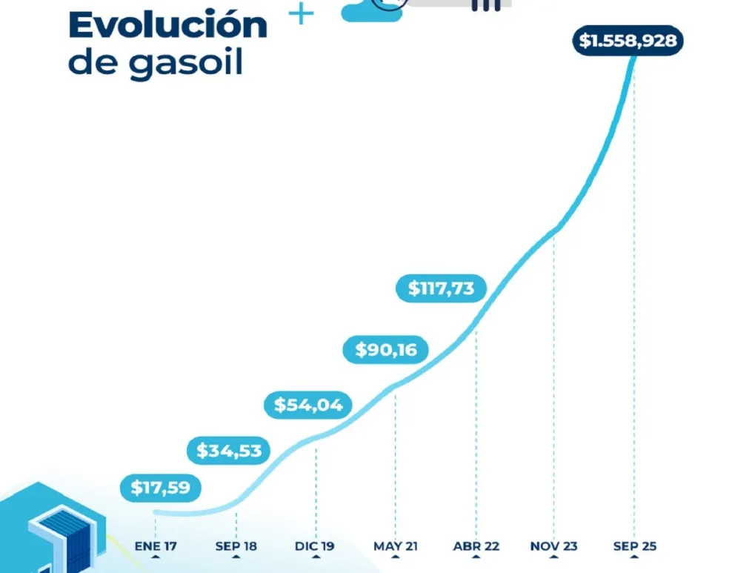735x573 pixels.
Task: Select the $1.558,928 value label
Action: (x=628, y=41)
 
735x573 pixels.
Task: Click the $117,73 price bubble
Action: (x=441, y=288)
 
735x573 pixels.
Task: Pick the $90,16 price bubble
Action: (x=385, y=349)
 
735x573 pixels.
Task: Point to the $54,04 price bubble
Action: (x=308, y=405)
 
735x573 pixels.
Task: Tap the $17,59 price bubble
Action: (x=160, y=488)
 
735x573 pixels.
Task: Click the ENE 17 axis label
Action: (x=156, y=546)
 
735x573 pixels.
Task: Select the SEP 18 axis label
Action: (x=236, y=546)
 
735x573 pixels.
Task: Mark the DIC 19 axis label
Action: (x=316, y=546)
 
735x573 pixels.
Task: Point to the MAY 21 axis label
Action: (x=396, y=546)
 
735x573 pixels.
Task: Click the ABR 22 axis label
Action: (x=476, y=546)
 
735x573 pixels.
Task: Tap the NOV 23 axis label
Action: (x=554, y=546)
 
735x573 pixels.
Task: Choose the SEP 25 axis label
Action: (x=634, y=546)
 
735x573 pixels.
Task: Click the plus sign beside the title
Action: (x=301, y=13)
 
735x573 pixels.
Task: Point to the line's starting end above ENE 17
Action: (x=156, y=511)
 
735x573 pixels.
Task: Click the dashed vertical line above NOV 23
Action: (x=554, y=371)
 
